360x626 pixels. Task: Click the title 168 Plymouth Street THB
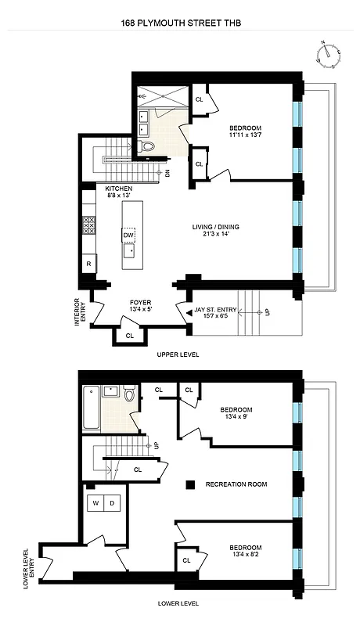(x=180, y=23)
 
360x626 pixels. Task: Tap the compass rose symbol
(x=327, y=54)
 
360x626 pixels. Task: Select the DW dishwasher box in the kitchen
(x=128, y=235)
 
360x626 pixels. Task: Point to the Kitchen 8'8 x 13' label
(x=119, y=193)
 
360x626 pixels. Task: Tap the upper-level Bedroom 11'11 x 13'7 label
(x=245, y=132)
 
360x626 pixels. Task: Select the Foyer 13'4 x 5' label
(x=140, y=306)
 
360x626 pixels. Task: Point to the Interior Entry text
(x=81, y=312)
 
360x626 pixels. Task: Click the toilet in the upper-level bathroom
(x=149, y=146)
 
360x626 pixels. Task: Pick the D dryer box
(x=113, y=503)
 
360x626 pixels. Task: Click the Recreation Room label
(x=236, y=484)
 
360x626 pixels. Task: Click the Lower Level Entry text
(x=29, y=567)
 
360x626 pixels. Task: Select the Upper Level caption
(x=178, y=354)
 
